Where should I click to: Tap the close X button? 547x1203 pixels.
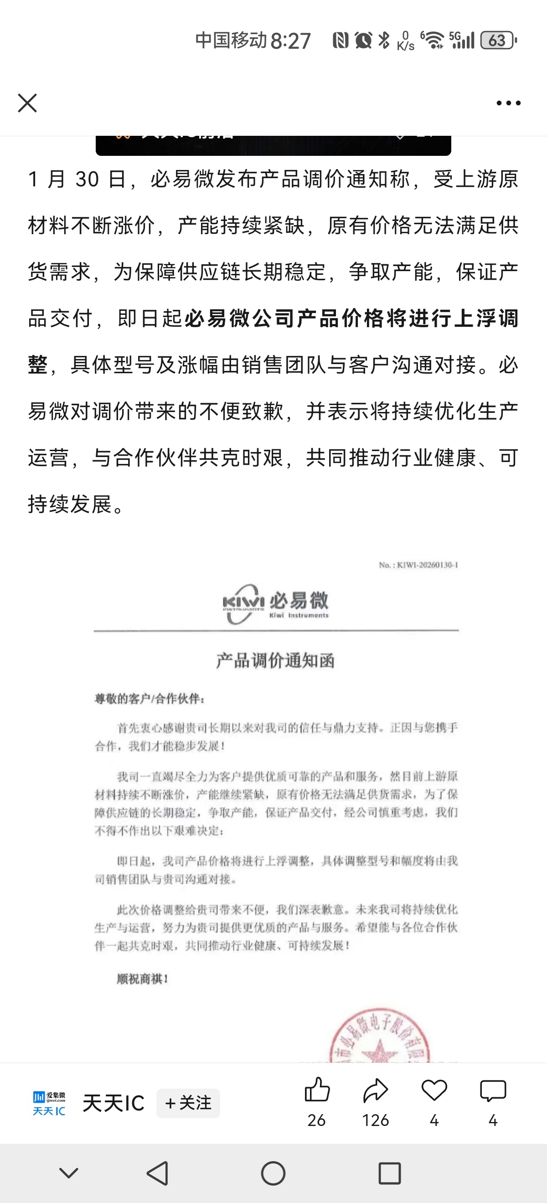coord(27,103)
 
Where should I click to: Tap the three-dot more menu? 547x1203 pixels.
coord(508,103)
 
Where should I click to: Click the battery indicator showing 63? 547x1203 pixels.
coord(498,41)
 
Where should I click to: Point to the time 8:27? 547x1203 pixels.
coord(290,41)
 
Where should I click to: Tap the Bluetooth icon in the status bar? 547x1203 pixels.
coord(384,40)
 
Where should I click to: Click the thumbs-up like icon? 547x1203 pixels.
coord(317,1090)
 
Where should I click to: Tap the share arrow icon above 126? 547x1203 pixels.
coord(376,1090)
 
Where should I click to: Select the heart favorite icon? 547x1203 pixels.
coord(434,1090)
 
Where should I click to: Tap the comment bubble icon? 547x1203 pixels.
coord(493,1090)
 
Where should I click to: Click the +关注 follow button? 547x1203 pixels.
coord(188,1103)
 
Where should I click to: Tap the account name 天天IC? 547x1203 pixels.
coord(114,1103)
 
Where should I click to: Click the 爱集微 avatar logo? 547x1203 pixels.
coord(49,1103)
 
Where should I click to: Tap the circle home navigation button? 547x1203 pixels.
coord(273,1173)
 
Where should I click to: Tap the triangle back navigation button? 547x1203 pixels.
coord(158,1173)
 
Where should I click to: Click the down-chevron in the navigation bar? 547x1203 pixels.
coord(69,1173)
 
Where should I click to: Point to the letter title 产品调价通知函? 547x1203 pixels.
coord(275,661)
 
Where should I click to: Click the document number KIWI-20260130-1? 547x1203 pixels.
coord(418,565)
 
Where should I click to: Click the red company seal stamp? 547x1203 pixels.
coord(379,1037)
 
